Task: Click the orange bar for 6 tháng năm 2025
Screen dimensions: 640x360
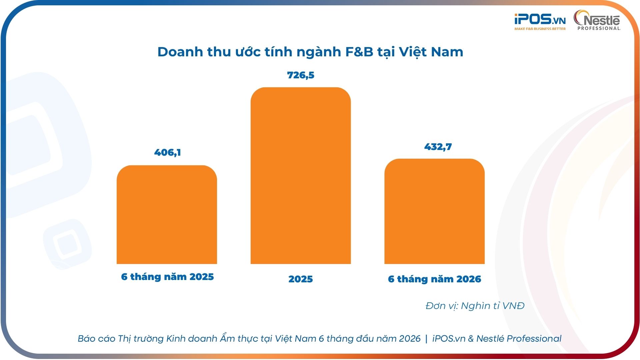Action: pos(167,215)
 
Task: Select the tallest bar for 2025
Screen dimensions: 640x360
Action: pos(301,176)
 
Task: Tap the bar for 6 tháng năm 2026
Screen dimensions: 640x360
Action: pos(434,211)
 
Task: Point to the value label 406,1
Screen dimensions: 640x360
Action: pos(168,153)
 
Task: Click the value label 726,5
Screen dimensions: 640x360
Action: pos(301,75)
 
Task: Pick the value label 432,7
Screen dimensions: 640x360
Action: pos(438,147)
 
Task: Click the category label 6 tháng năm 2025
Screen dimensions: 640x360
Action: pos(167,277)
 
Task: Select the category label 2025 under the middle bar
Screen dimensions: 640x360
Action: pos(301,279)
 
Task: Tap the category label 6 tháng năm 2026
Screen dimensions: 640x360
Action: pos(435,279)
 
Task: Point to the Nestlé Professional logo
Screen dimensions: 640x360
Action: pos(597,20)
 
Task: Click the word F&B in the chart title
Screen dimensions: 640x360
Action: pos(359,52)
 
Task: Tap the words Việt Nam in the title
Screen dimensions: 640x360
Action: pos(431,52)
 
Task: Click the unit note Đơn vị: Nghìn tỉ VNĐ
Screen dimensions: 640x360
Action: pos(475,306)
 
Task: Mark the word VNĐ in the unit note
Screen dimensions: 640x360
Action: pos(513,306)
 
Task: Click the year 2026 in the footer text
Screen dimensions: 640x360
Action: pos(410,339)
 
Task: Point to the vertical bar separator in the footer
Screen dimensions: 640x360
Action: pos(426,339)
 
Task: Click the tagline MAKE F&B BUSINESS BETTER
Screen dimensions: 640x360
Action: pos(540,29)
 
